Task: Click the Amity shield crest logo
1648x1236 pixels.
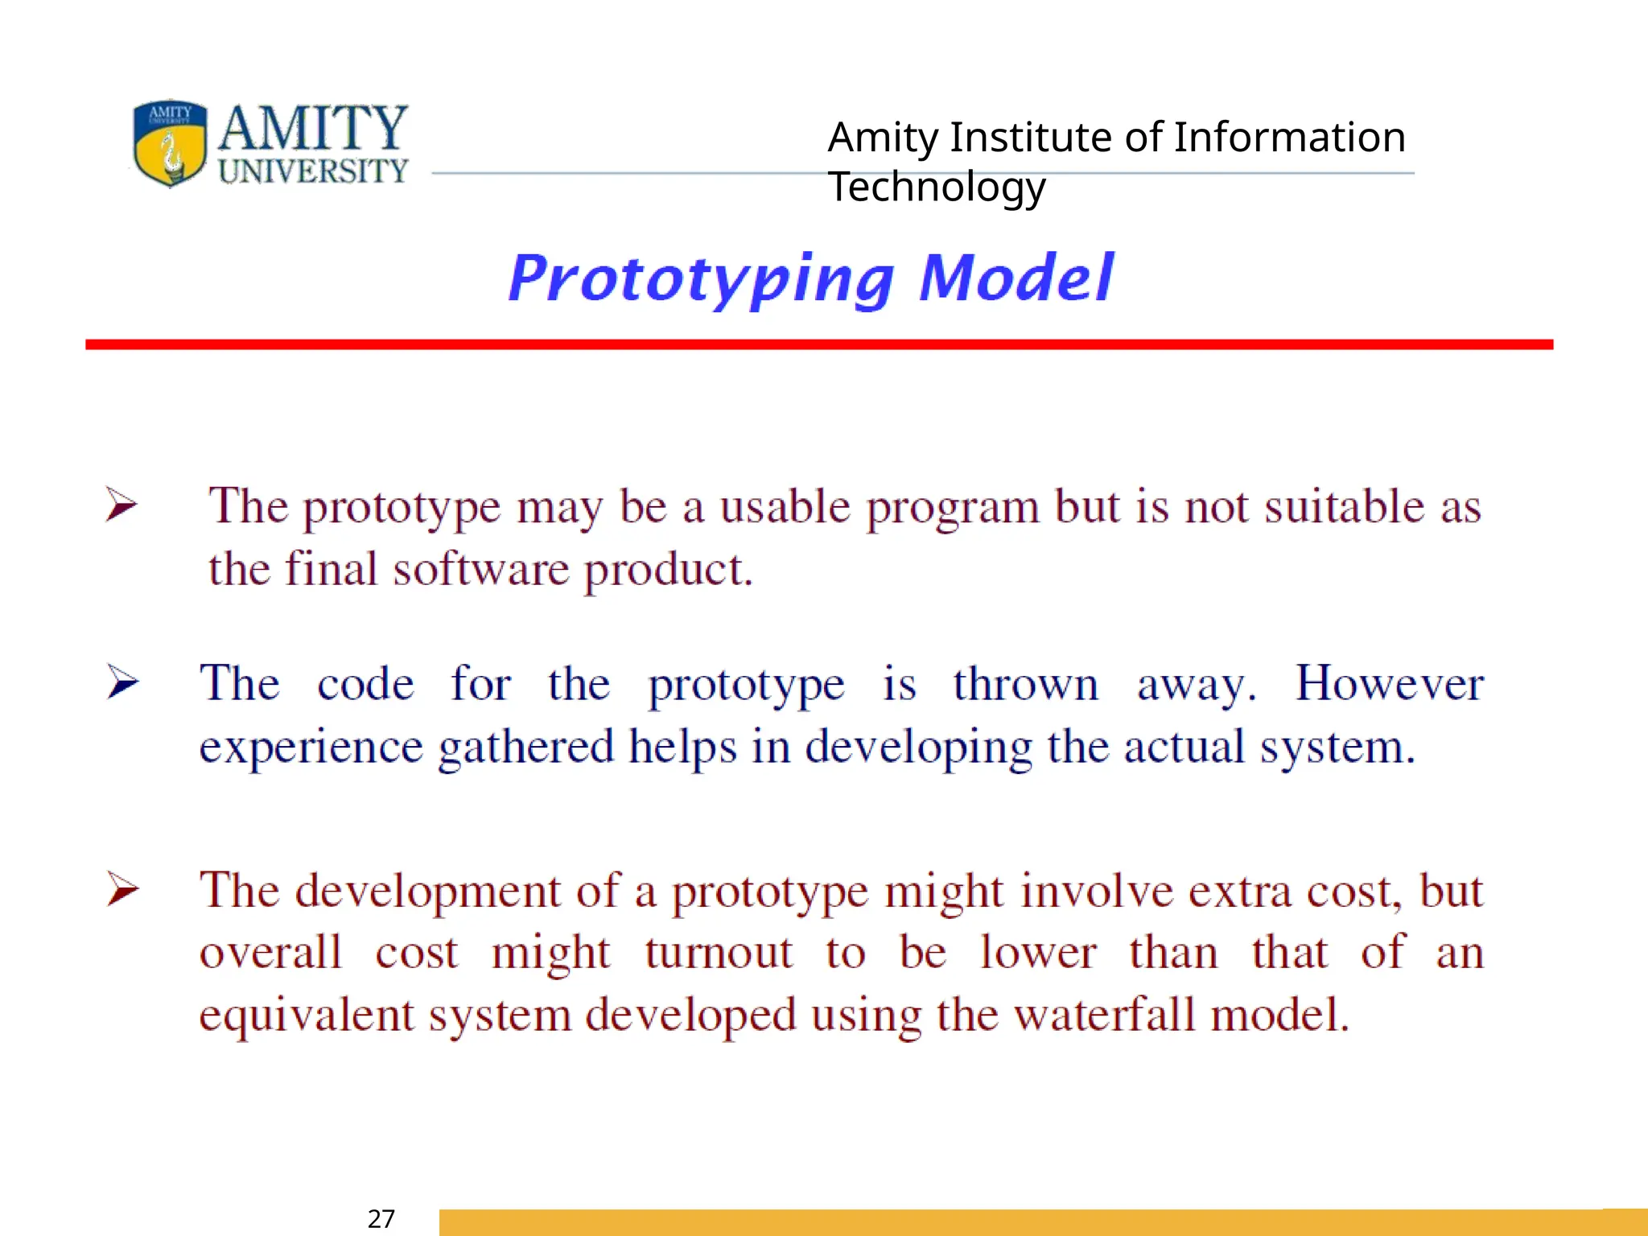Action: [170, 143]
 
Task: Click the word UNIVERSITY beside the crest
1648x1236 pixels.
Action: [313, 171]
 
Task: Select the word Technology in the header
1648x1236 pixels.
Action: [937, 187]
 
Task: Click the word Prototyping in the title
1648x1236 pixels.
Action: [702, 278]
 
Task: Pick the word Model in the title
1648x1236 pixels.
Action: [1016, 278]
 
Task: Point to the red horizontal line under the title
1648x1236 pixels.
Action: [818, 344]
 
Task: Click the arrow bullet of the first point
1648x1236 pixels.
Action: [122, 505]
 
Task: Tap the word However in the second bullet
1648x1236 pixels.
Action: [1389, 684]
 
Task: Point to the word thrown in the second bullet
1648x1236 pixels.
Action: [1025, 684]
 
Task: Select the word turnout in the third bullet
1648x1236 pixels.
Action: [719, 953]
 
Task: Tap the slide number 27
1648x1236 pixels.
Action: [381, 1218]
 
